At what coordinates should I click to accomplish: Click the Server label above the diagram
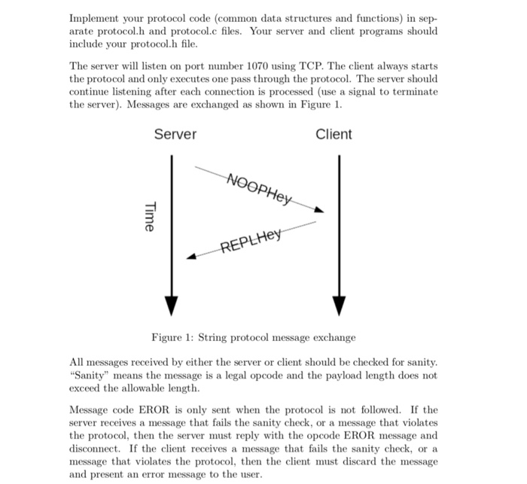tap(175, 134)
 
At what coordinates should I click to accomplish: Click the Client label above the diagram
tap(334, 134)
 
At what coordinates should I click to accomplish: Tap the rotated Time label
tap(149, 217)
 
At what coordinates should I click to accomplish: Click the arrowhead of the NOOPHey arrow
tap(319, 211)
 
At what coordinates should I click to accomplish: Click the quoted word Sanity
tap(90, 376)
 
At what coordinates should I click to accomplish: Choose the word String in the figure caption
tap(218, 337)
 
